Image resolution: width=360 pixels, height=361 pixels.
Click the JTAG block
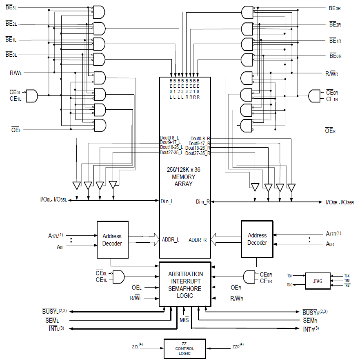318,281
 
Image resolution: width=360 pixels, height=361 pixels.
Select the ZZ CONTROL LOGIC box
184,349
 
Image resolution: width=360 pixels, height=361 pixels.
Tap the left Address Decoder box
112,239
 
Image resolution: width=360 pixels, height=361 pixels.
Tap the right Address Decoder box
257,239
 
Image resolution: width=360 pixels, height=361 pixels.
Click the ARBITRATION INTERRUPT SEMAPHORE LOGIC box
185,284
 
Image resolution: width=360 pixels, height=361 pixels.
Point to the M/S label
184,319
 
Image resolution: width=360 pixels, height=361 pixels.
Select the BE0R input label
335,56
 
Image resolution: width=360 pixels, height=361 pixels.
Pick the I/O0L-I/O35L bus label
53,200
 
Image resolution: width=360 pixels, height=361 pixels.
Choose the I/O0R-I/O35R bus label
340,202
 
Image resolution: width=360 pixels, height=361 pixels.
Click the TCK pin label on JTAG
347,276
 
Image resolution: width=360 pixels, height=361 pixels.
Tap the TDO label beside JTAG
289,285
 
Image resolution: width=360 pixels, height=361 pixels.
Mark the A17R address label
333,234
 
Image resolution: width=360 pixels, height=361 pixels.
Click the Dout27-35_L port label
171,152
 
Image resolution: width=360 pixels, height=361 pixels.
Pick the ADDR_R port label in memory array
198,240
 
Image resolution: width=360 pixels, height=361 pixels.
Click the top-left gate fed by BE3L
99,12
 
